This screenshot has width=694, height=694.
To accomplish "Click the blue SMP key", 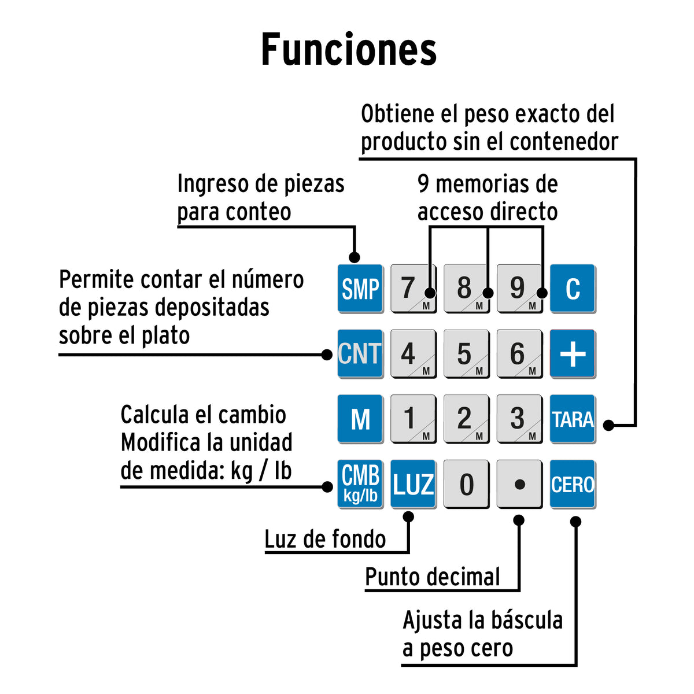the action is tap(360, 289).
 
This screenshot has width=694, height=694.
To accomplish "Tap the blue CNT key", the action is tap(360, 354).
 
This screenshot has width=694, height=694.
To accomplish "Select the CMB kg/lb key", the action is tap(360, 484).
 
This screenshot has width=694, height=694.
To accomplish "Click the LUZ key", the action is tap(413, 484).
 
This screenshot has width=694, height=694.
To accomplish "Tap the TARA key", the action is tap(573, 419).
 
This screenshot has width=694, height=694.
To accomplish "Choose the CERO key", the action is tap(573, 484).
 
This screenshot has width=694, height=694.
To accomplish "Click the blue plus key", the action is tap(573, 354).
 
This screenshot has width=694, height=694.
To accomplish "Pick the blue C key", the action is tap(573, 289).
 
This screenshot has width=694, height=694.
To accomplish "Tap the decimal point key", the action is tap(519, 484).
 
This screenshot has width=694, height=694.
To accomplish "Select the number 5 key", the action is tap(466, 354).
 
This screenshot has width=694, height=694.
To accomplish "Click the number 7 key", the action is tap(413, 289).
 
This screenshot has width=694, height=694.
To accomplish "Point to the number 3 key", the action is tap(519, 419).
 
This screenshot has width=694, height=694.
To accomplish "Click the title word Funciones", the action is tap(349, 49).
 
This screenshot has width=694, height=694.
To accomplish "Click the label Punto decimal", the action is tap(432, 577).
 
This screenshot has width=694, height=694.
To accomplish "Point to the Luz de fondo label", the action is tap(325, 539).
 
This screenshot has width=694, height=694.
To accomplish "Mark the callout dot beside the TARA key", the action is tap(608, 425).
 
